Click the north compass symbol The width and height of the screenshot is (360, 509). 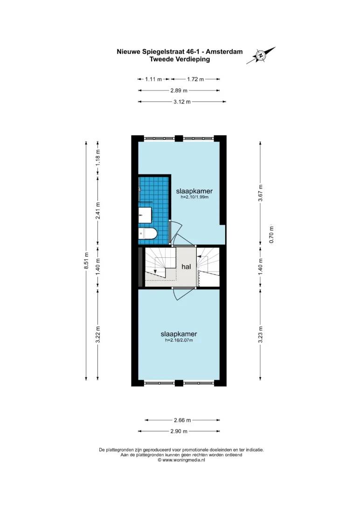[x=261, y=55]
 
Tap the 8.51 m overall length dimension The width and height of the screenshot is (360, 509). [x=86, y=261]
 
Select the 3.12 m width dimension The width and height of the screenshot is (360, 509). [x=182, y=102]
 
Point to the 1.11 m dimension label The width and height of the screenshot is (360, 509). [x=153, y=79]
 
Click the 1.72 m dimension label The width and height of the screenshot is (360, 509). [x=195, y=79]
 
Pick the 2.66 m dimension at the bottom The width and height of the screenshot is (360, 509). [x=182, y=420]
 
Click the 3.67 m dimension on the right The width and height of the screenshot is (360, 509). [x=260, y=193]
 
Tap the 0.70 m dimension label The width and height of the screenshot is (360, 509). [x=272, y=234]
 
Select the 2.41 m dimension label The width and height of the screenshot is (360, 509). [x=98, y=210]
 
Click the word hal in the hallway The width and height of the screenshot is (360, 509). [x=186, y=267]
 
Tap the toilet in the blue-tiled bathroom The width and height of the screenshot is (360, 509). [x=148, y=234]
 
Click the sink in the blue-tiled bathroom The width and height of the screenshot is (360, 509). [x=145, y=215]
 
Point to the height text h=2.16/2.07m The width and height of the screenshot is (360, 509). [x=179, y=340]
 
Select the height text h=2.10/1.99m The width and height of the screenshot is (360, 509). [x=194, y=197]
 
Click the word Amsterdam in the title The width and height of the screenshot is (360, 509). [x=224, y=52]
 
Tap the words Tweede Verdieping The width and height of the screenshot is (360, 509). [x=180, y=59]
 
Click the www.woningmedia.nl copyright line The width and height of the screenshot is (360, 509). [x=181, y=460]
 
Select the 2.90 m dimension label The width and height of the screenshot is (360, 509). [x=179, y=432]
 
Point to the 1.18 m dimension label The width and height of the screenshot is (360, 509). [x=98, y=157]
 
